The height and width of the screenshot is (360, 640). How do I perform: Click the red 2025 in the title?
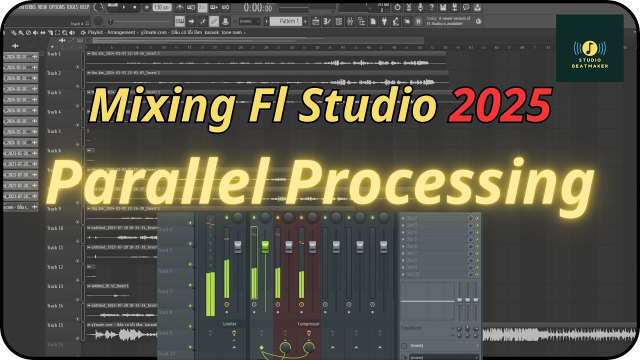pos(500,105)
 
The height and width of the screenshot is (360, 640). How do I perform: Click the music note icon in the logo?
pos(590,48)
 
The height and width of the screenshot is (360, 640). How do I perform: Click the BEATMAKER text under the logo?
pos(590,66)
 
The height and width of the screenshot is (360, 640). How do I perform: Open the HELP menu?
pos(84,7)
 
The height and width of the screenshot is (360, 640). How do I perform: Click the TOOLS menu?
pos(72,7)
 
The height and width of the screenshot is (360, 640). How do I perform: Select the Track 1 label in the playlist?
pos(54,53)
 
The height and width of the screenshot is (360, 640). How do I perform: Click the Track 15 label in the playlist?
pos(55,325)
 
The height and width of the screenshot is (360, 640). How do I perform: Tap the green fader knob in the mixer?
pos(265,246)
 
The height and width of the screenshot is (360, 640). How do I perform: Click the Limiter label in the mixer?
pos(230,324)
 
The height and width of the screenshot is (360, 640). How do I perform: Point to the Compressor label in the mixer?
pos(308,324)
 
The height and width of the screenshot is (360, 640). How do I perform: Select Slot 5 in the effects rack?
pos(412,239)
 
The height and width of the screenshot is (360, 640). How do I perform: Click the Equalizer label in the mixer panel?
pos(411,328)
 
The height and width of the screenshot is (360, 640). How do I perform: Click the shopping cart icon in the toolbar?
pos(418,21)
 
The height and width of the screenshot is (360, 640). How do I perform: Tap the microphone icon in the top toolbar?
pos(420,7)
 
